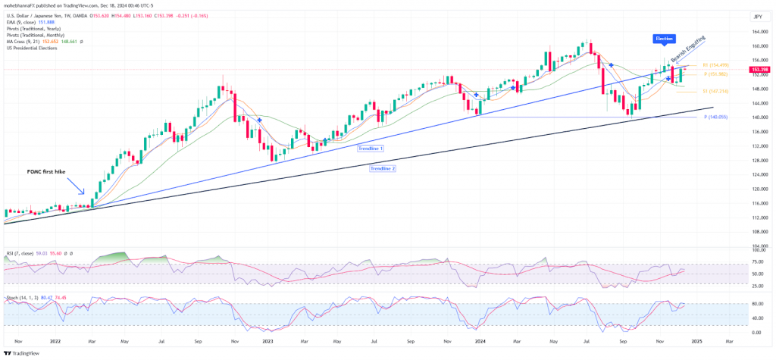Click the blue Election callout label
[664, 38]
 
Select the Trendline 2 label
[383, 168]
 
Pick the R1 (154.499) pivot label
[715, 65]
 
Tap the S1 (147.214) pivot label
[715, 91]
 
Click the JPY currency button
[756, 16]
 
